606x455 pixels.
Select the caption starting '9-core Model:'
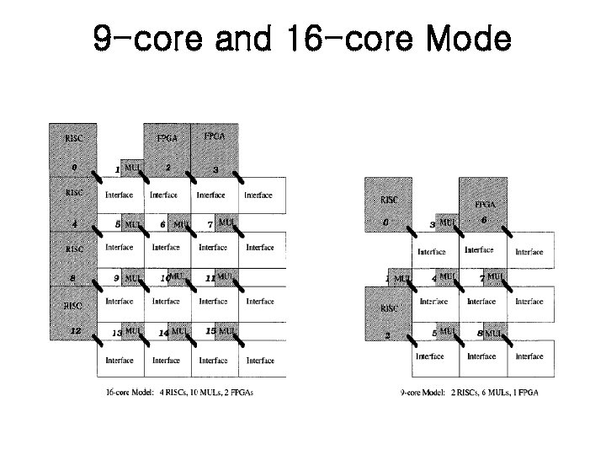pos(469,392)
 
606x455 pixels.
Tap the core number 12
pos(75,331)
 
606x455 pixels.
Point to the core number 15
pos(211,331)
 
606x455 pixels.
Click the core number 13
pos(118,333)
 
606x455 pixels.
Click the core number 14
pos(164,333)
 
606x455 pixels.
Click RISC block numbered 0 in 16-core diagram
pos(75,152)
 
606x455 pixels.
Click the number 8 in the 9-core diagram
pos(480,333)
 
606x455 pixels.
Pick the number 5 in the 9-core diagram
pos(433,334)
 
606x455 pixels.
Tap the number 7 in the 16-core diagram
pos(210,225)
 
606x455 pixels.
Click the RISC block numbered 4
pos(75,206)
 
